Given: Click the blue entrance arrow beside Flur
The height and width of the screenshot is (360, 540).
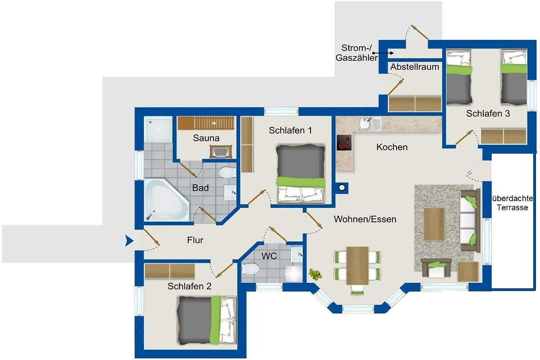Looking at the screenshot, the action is point(129,241).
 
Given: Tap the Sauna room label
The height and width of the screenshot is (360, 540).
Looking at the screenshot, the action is point(206,138).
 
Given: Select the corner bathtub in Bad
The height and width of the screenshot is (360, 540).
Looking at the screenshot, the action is point(166,200).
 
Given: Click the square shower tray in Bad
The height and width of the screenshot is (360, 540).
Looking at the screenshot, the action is point(158,130).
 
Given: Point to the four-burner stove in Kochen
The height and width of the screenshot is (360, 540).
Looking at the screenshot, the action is point(344,143).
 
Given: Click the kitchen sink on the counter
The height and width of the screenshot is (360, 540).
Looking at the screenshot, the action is point(369,124).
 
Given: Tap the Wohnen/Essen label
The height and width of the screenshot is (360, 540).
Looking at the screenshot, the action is point(365,219).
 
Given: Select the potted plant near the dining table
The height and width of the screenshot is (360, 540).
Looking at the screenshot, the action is point(315,274).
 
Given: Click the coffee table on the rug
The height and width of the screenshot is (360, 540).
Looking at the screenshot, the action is point(434,224).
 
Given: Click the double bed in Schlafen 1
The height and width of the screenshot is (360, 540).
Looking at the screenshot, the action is point(301,174).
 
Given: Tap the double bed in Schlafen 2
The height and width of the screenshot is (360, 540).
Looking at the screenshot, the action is point(207,320).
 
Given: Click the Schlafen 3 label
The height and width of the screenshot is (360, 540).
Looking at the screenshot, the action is point(488,113).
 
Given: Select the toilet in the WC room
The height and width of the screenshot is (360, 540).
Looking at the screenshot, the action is point(250,268).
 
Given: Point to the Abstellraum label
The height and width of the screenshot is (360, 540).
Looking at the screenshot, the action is point(414,67).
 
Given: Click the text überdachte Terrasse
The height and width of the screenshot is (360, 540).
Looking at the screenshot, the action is point(512,203).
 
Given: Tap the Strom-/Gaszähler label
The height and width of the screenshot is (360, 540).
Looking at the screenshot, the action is point(356,53).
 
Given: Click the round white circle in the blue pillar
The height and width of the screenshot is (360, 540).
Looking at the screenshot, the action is point(342,187).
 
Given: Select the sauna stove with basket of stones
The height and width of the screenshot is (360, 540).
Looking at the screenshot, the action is point(221,152).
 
